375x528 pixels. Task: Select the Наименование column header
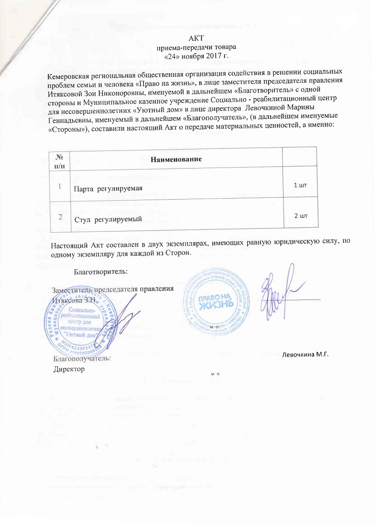[x=176, y=160]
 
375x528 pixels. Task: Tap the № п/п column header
[x=59, y=159]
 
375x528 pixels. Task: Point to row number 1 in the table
[x=60, y=186]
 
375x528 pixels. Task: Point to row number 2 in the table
[x=60, y=216]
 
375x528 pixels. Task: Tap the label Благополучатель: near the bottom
[x=82, y=358]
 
